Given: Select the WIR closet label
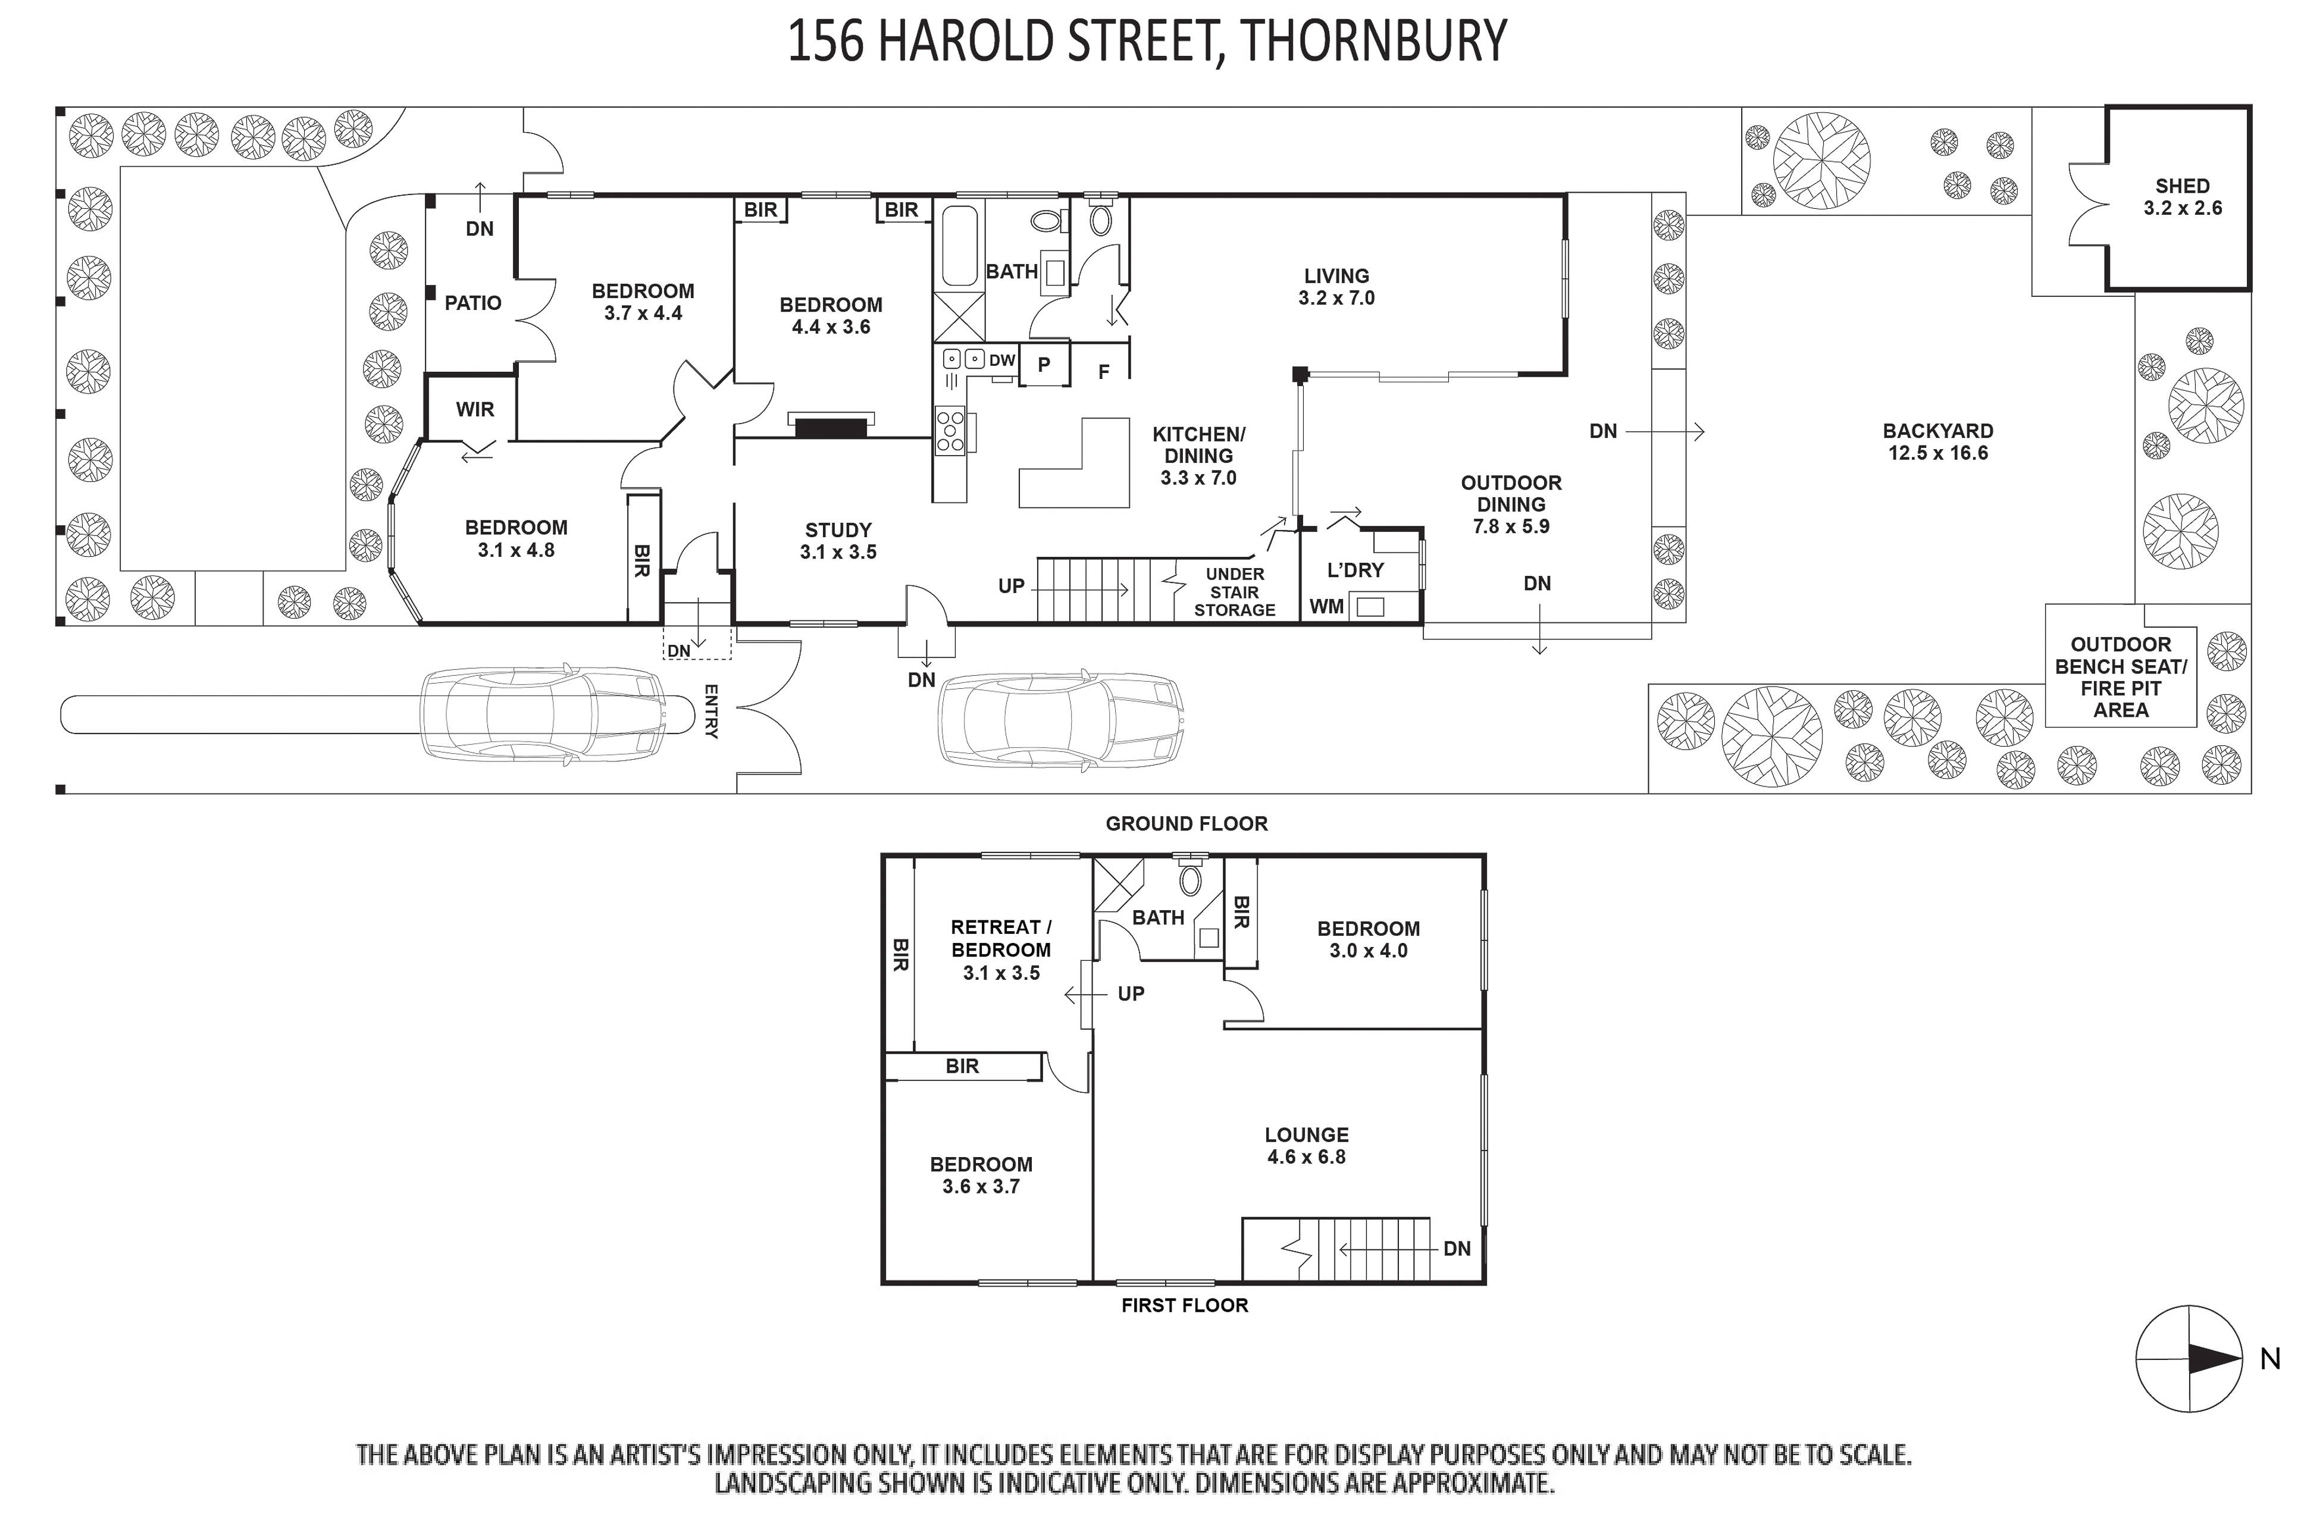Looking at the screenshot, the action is point(474,409).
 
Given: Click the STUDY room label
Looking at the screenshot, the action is point(838,530).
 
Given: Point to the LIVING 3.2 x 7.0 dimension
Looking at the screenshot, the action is point(1336,298).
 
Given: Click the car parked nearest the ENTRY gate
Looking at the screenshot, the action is point(555,714).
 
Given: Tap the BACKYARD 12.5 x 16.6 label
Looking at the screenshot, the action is point(1937,442).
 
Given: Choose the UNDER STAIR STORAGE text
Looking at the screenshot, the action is point(1234,592).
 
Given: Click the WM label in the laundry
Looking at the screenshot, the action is point(1326,606).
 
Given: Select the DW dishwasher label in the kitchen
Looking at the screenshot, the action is point(1001,361).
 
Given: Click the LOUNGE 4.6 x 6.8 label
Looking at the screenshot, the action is point(1306,1145).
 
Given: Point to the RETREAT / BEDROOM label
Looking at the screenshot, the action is point(1000,939).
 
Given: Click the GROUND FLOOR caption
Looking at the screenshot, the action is point(1187,824).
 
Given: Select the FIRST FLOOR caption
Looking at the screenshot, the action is point(1184,1305).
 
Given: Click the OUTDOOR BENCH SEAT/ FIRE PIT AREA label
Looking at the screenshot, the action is point(2120,677).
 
